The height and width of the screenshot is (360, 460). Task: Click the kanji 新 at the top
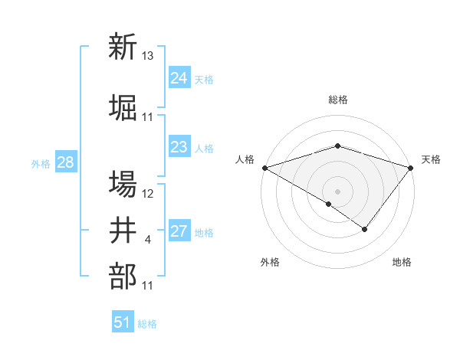[123, 47]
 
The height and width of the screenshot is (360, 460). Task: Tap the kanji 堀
[123, 107]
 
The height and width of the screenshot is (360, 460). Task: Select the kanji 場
[123, 185]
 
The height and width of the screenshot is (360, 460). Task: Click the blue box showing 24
[179, 78]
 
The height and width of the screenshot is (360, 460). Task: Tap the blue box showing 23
[179, 147]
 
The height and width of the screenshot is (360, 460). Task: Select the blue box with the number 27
[179, 231]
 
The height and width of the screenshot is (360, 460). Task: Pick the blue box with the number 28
[65, 162]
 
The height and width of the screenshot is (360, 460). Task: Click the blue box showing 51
[123, 322]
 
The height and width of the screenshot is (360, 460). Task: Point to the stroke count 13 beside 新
[148, 56]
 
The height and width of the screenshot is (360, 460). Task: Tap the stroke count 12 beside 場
[148, 194]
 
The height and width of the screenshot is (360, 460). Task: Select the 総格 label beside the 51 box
[147, 324]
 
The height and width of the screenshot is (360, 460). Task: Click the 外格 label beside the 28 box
[41, 164]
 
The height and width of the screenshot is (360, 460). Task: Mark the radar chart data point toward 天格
[412, 167]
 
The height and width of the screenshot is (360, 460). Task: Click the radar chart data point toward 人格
[264, 167]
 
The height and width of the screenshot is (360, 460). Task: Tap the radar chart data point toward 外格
[329, 204]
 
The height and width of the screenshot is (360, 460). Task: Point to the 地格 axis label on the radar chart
[402, 262]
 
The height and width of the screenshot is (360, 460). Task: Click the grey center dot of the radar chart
[337, 191]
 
